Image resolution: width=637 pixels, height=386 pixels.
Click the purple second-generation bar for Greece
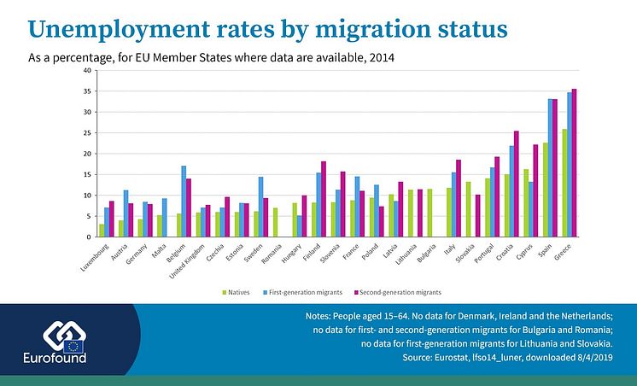[x=574, y=163]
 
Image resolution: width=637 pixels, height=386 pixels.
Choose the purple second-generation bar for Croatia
[x=516, y=184]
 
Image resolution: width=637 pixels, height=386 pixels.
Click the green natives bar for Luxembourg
[x=102, y=231]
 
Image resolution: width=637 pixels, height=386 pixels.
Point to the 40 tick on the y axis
[x=87, y=70]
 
